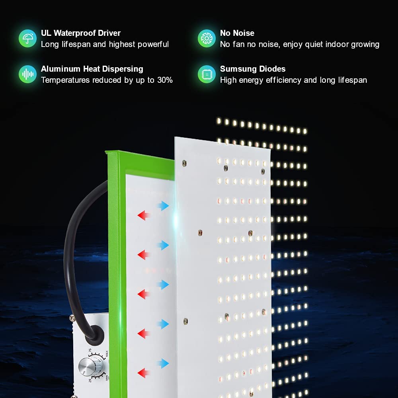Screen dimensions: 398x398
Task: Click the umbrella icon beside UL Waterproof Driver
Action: (x=27, y=39)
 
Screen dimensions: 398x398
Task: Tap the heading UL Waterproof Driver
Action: (x=80, y=33)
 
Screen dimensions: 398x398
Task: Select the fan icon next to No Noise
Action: (x=207, y=39)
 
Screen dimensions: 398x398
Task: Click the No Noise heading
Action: (x=237, y=33)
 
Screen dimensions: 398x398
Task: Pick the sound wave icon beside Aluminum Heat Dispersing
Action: (x=27, y=74)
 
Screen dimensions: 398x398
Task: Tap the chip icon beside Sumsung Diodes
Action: (x=207, y=74)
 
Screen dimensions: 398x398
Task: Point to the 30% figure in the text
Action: (x=164, y=80)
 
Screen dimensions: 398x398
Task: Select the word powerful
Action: (x=153, y=44)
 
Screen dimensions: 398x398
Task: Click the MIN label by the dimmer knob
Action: (x=107, y=378)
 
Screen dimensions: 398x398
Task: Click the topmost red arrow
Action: (x=143, y=216)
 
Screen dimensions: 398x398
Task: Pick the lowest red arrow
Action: (x=143, y=373)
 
